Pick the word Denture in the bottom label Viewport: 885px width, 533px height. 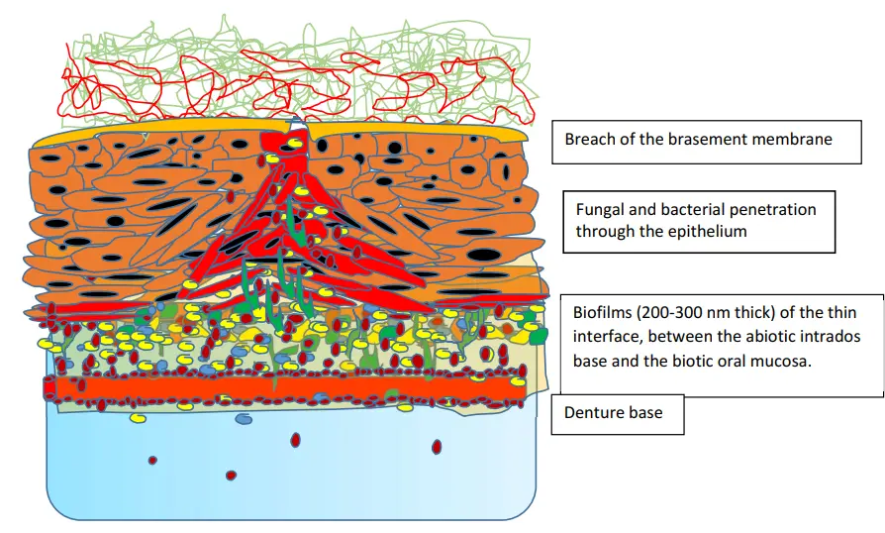click(x=592, y=412)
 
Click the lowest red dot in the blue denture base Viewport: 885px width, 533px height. click(x=231, y=476)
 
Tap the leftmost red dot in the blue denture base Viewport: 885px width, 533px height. click(x=151, y=460)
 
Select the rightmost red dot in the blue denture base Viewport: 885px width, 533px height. click(x=436, y=448)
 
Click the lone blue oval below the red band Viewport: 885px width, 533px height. click(x=243, y=419)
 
